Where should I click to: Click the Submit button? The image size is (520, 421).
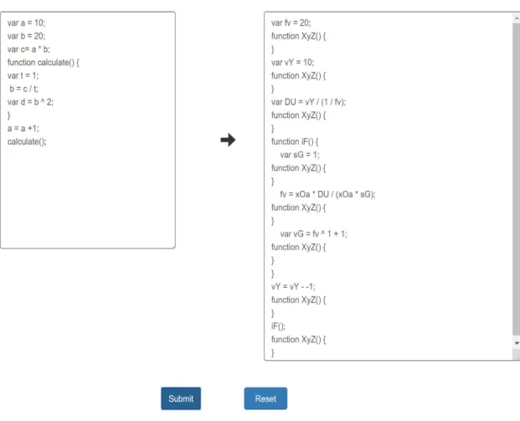[x=181, y=398]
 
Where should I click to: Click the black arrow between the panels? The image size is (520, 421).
[x=228, y=140]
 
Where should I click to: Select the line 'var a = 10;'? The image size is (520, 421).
[x=26, y=23]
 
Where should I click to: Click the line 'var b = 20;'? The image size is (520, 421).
[x=26, y=36]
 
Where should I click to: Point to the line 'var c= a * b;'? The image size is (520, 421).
[x=28, y=49]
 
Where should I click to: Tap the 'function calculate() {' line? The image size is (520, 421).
[x=43, y=63]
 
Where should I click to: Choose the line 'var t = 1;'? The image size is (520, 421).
[x=23, y=76]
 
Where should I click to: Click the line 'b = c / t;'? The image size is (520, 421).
[x=23, y=89]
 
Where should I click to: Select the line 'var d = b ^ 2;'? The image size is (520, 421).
[x=30, y=102]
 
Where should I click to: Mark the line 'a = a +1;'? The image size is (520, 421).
[x=23, y=129]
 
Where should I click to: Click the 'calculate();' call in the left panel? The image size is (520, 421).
[x=27, y=142]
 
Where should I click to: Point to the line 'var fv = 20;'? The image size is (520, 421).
[x=291, y=23]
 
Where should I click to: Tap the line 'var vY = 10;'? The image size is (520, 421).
[x=292, y=63]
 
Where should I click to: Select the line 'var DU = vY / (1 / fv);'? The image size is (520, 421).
[x=308, y=102]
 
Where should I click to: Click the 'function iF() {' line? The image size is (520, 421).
[x=295, y=142]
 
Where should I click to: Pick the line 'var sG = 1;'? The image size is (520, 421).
[x=300, y=155]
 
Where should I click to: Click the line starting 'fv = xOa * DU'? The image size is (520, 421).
[x=327, y=194]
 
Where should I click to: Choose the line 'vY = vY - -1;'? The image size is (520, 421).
[x=293, y=287]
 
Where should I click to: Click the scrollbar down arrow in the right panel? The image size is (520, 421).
[x=517, y=343]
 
